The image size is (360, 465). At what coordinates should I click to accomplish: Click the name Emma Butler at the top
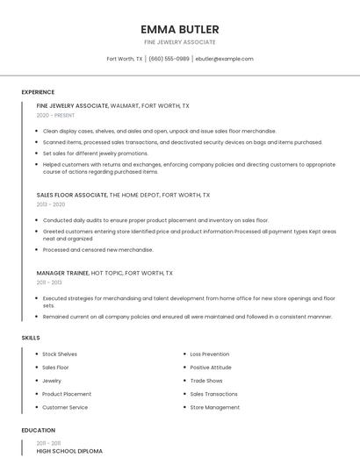[x=180, y=29]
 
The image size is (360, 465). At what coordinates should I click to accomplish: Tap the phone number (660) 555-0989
[x=169, y=59]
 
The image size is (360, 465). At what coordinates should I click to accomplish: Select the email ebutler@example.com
[x=224, y=59]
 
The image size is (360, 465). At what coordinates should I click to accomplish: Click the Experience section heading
[x=38, y=92]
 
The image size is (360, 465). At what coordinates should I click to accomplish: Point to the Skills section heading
[x=31, y=338]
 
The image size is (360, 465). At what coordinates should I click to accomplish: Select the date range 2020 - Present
[x=55, y=115]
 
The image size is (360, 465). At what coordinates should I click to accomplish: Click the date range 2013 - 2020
[x=51, y=204]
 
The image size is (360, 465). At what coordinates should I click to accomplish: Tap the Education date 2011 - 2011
[x=48, y=442]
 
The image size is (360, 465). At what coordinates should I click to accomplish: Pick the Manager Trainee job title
[x=62, y=273]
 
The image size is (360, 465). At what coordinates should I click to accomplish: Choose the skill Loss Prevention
[x=210, y=354]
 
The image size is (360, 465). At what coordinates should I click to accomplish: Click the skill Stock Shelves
[x=60, y=354]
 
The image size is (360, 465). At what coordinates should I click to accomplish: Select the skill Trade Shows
[x=206, y=381]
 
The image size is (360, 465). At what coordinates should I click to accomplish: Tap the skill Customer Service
[x=65, y=407]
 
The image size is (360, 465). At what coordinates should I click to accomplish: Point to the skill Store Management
[x=215, y=407]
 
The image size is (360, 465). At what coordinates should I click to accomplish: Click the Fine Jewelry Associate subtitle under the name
[x=180, y=42]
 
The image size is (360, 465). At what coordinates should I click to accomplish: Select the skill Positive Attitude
[x=211, y=368]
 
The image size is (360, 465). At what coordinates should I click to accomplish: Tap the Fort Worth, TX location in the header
[x=125, y=59]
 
